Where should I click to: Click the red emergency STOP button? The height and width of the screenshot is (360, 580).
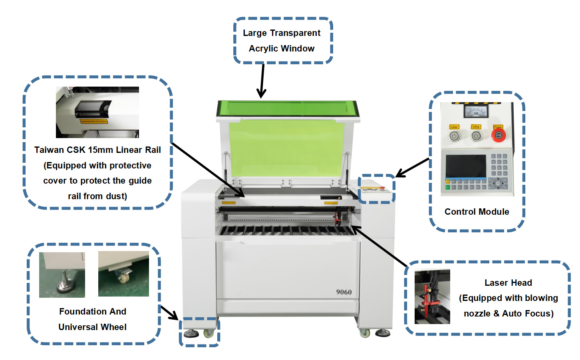(498, 135)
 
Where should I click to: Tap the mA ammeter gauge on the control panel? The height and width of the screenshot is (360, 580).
(476, 111)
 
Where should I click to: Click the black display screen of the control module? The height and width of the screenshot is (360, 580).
(466, 166)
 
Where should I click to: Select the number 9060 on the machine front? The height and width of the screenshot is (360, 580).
(344, 292)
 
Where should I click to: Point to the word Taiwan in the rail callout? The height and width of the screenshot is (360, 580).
(49, 150)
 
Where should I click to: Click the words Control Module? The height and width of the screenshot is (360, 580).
(477, 212)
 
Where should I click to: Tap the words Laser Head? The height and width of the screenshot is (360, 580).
(508, 283)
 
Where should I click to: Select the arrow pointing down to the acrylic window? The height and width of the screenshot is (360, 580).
(262, 82)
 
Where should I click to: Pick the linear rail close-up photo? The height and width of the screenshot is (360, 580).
(97, 112)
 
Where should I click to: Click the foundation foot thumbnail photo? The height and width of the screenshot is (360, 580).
(62, 275)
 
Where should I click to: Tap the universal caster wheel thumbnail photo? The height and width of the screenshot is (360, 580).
(123, 274)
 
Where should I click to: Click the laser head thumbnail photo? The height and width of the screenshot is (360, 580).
(432, 297)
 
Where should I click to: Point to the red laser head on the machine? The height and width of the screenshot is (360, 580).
(338, 218)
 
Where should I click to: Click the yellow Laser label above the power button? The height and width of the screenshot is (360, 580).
(454, 127)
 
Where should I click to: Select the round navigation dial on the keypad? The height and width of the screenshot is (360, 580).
(498, 184)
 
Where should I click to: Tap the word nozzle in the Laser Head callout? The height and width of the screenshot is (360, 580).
(477, 314)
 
